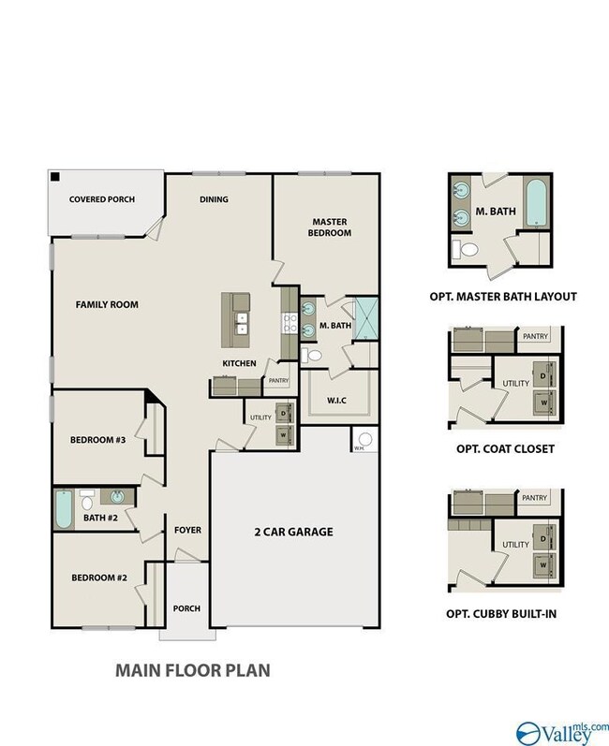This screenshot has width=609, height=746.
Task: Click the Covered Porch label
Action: (x=102, y=199)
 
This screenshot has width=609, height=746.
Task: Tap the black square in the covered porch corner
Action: (x=55, y=177)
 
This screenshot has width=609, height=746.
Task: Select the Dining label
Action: (x=214, y=199)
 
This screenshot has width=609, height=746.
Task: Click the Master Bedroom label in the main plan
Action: (x=330, y=227)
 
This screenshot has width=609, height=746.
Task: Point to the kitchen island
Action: (x=236, y=320)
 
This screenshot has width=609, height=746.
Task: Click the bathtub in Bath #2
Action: (x=64, y=509)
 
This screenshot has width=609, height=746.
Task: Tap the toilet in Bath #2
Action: (x=86, y=500)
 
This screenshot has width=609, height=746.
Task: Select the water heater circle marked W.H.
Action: (x=365, y=439)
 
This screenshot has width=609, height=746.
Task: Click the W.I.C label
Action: (x=336, y=401)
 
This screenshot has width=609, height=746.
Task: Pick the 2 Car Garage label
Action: (x=294, y=532)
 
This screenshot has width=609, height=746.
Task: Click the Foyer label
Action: (x=187, y=530)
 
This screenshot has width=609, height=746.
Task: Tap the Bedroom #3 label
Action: (x=98, y=440)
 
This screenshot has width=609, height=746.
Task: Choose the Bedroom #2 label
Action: (x=99, y=578)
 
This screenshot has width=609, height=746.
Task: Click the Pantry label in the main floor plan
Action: (x=278, y=381)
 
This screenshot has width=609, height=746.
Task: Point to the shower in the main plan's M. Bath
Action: (x=365, y=318)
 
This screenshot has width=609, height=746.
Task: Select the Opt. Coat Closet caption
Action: (x=505, y=449)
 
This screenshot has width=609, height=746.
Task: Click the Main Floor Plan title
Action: (x=193, y=670)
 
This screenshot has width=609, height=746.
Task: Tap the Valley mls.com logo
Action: (x=562, y=733)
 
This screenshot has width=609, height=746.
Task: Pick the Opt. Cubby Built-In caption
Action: (x=501, y=614)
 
